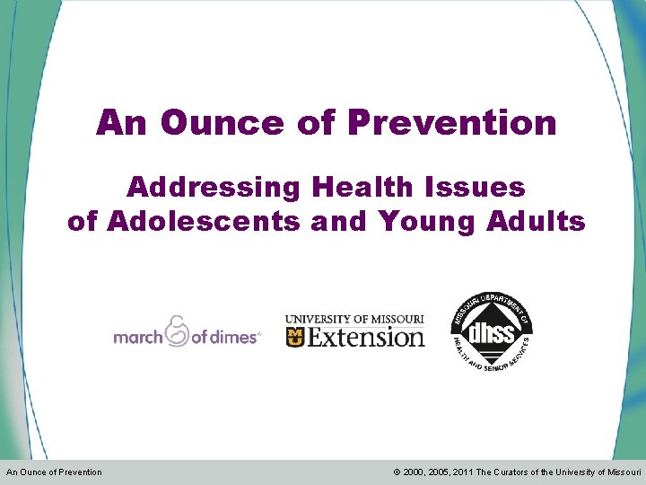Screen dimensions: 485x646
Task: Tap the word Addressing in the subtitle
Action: (x=213, y=187)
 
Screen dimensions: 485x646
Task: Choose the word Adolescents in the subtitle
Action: (x=203, y=220)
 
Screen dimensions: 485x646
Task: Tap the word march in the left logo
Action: (x=137, y=337)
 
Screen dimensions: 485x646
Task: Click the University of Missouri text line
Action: (x=354, y=319)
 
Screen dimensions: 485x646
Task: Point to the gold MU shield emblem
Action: (x=295, y=337)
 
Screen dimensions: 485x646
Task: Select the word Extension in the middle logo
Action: (x=366, y=337)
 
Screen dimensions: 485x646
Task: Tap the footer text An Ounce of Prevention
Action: (x=54, y=472)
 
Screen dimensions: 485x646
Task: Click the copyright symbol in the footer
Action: (x=396, y=472)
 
